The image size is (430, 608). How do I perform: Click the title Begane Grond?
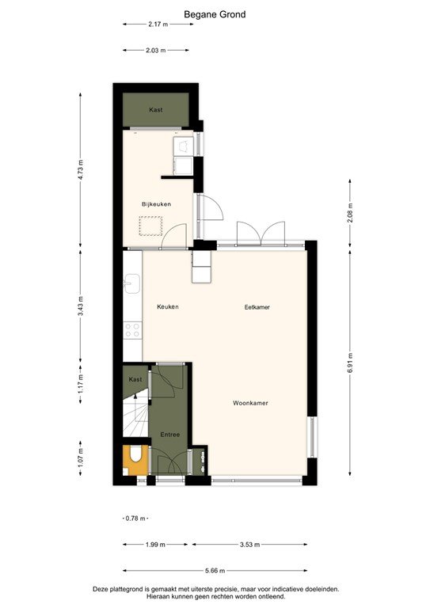[x=215, y=14]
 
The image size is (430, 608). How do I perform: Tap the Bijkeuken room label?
[x=156, y=204]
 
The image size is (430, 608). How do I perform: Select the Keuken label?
[x=168, y=306]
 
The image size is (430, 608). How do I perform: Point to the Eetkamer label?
[x=257, y=306]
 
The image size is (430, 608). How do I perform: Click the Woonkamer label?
[x=250, y=403]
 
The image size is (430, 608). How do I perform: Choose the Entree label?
[x=170, y=435]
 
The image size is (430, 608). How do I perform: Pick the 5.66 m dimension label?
[x=215, y=571]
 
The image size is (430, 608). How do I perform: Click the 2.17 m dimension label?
[x=158, y=24]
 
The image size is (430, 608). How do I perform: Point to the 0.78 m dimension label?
[x=136, y=519]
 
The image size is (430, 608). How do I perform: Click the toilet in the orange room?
[x=135, y=457]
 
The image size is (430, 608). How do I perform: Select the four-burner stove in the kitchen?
[x=132, y=330]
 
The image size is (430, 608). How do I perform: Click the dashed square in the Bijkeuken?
[x=150, y=225]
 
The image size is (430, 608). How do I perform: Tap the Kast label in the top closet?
[x=156, y=110]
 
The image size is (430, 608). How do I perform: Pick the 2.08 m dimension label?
[x=351, y=213]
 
